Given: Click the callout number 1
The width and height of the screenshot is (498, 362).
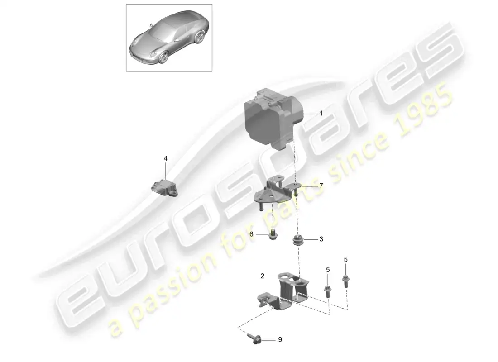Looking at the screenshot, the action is [x=321, y=114].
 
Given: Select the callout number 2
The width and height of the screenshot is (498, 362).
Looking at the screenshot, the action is [x=262, y=276].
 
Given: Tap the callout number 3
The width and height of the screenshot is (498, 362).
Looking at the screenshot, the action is [x=321, y=239].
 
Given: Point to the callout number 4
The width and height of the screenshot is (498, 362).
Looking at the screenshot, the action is [x=165, y=158].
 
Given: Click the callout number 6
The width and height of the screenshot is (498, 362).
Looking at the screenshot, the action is [x=251, y=234].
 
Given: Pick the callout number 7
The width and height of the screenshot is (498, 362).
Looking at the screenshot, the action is [x=321, y=186].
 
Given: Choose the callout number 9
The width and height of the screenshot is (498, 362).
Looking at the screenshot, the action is [x=280, y=340].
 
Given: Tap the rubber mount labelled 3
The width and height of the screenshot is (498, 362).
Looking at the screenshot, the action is [x=297, y=241].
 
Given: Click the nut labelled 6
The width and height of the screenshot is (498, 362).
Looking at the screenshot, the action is [x=273, y=236].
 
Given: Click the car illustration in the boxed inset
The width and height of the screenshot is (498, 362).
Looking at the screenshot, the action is [x=169, y=38].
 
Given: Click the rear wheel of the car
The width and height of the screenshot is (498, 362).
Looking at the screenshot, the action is [x=200, y=37].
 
